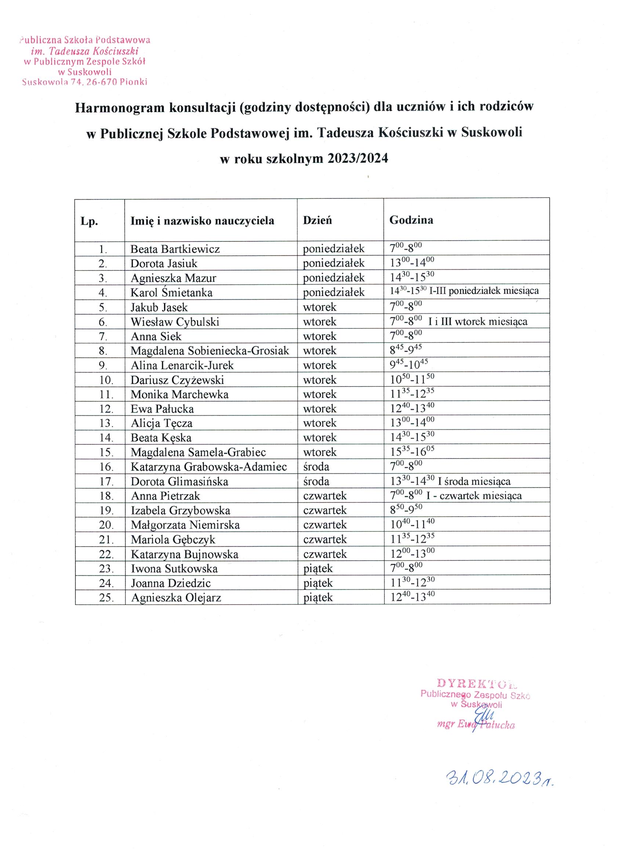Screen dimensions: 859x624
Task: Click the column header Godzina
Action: pyautogui.click(x=411, y=220)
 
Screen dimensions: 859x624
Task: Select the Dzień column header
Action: pyautogui.click(x=317, y=220)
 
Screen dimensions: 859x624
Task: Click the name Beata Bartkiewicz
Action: pyautogui.click(x=175, y=249)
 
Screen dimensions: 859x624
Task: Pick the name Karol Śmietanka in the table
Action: pyautogui.click(x=171, y=292)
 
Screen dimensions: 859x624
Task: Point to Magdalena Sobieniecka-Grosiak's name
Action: pyautogui.click(x=210, y=351)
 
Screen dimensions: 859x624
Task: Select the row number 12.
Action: pyautogui.click(x=106, y=409)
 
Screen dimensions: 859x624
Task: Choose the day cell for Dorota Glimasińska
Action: pyautogui.click(x=316, y=481)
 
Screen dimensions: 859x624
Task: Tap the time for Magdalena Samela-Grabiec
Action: pyautogui.click(x=412, y=452)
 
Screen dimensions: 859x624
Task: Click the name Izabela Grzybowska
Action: pyautogui.click(x=181, y=511)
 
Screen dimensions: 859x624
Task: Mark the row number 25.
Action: pyautogui.click(x=106, y=598)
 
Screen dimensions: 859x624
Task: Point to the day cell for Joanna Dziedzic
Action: pyautogui.click(x=318, y=583)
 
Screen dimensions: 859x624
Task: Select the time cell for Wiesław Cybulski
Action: pyautogui.click(x=458, y=321)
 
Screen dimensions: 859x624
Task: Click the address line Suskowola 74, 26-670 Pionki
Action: pyautogui.click(x=85, y=82)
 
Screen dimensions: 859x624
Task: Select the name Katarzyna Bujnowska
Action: pyautogui.click(x=185, y=554)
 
